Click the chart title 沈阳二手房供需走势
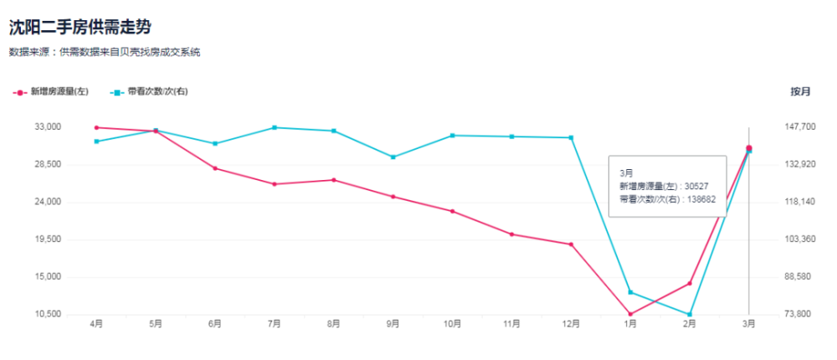[x=80, y=27]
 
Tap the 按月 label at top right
[x=800, y=91]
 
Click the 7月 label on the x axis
[x=274, y=324]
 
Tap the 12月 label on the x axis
[x=571, y=324]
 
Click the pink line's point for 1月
[x=630, y=314]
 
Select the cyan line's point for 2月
[x=690, y=315]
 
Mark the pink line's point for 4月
[x=96, y=127]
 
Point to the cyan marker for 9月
[x=393, y=157]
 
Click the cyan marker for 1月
[x=630, y=292]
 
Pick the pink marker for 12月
[x=571, y=244]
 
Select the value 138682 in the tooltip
[x=700, y=201]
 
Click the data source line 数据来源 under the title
[x=105, y=52]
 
